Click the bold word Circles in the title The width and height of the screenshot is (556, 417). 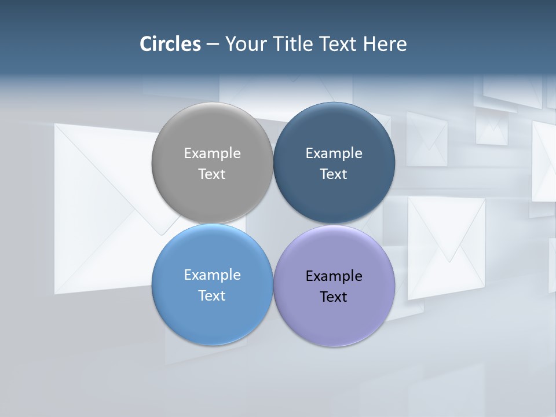pyautogui.click(x=170, y=44)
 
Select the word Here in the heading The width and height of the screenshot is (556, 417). pyautogui.click(x=385, y=44)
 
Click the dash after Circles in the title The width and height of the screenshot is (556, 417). pyautogui.click(x=212, y=44)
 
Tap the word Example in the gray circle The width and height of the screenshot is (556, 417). pyautogui.click(x=212, y=153)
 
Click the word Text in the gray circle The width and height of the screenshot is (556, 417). pyautogui.click(x=212, y=174)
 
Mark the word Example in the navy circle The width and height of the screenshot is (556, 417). pyautogui.click(x=334, y=153)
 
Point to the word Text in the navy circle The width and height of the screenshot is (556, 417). pyautogui.click(x=334, y=174)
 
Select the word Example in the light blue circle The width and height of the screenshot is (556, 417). pyautogui.click(x=212, y=275)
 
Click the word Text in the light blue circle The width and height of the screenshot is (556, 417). pyautogui.click(x=212, y=295)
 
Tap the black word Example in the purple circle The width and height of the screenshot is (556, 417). pyautogui.click(x=334, y=276)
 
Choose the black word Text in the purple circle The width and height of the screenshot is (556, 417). pyautogui.click(x=334, y=297)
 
